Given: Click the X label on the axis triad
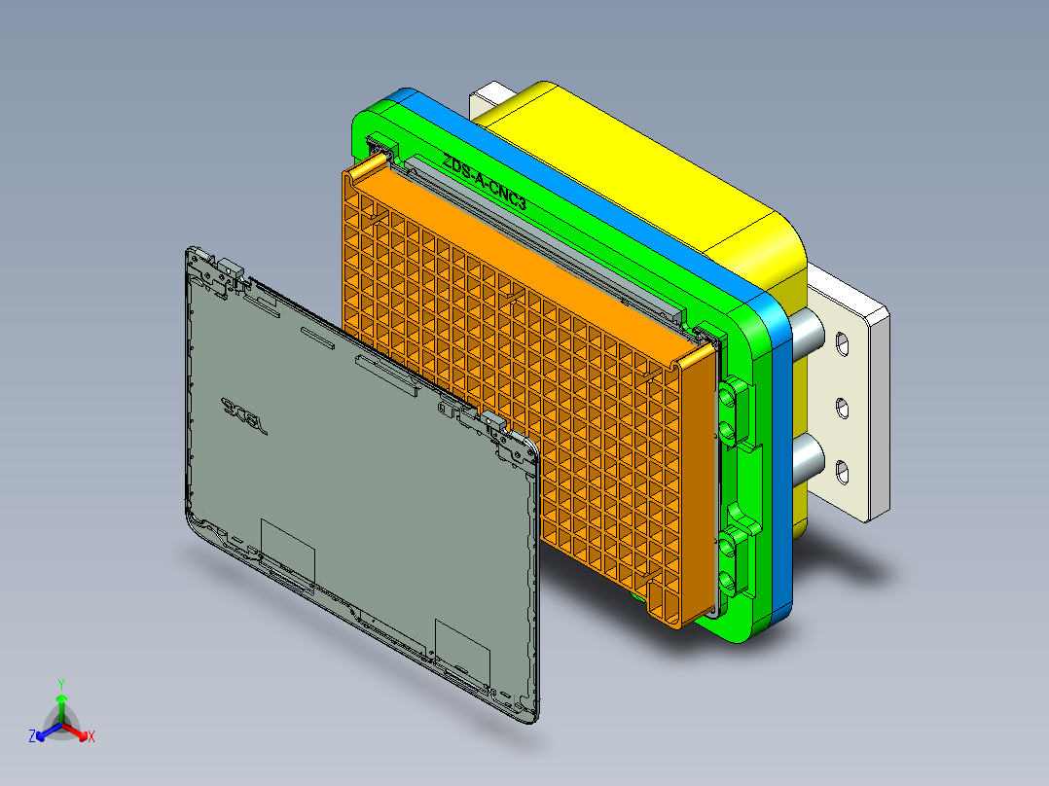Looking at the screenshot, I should point(91,737).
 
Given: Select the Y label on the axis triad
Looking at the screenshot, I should point(61,684).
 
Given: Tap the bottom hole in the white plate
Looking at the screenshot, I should point(843,473).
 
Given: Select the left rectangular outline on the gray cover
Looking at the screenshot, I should point(288,548).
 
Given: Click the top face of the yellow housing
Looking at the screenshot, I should point(633,165).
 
